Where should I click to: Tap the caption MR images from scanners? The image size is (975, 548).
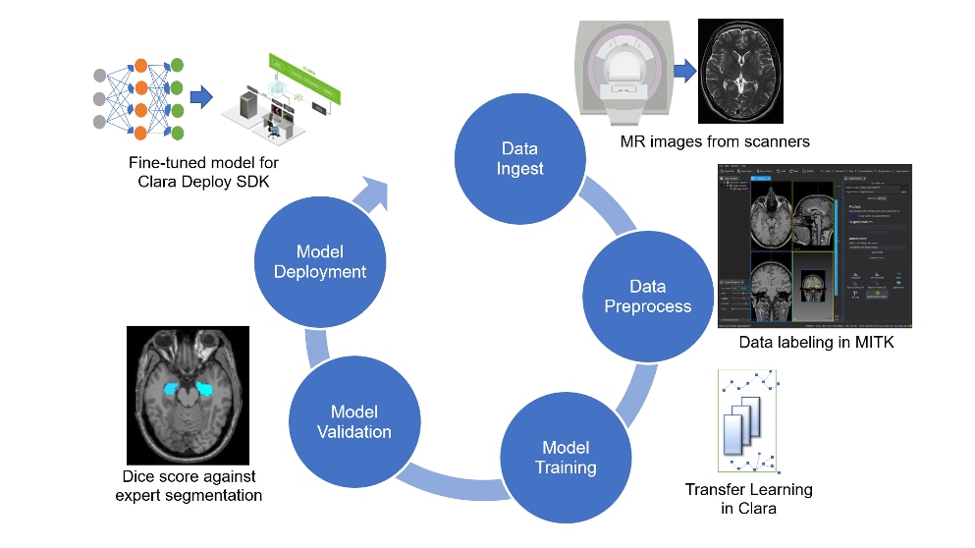tap(715, 141)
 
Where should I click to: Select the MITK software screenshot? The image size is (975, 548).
tap(816, 247)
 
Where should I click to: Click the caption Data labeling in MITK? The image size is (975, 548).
tap(816, 343)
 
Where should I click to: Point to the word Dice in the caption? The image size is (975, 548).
tap(140, 477)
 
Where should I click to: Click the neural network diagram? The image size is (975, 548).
tap(132, 99)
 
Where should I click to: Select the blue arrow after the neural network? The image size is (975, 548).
tap(201, 98)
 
